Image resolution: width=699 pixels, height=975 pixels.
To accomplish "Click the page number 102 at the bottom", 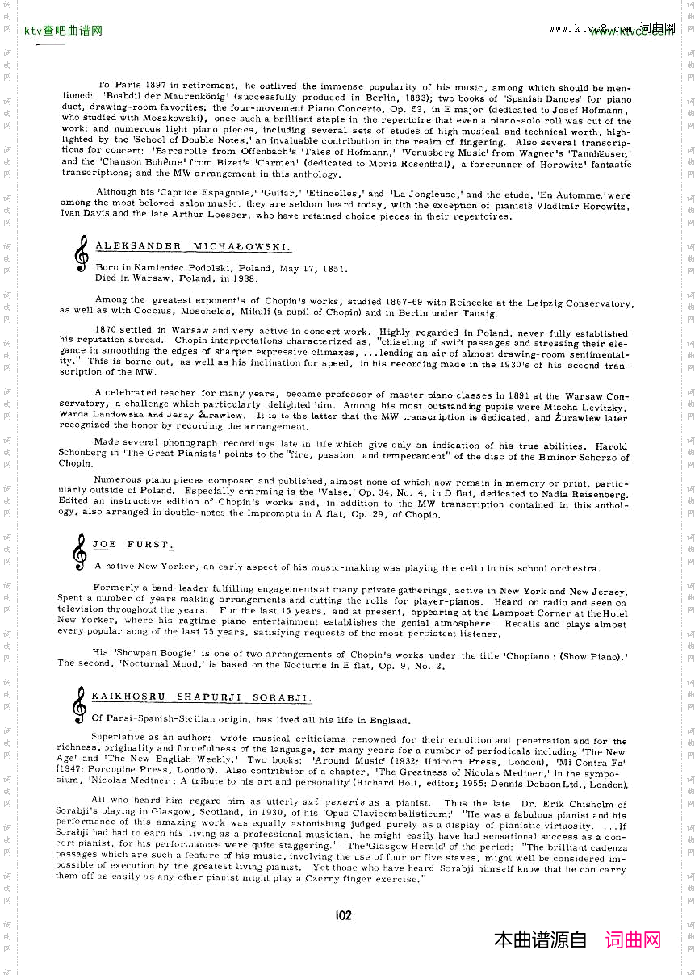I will coord(343,914).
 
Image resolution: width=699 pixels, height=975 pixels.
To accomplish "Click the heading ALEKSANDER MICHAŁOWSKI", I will coord(193,246).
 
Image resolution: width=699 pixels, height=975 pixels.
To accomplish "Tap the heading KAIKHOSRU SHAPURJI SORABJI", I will coord(201,697).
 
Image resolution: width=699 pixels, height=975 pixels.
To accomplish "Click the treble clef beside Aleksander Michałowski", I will coord(81,253).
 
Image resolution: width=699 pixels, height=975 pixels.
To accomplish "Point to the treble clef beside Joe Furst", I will coord(80,553).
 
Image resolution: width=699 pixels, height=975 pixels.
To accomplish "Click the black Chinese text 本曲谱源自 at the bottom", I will coord(541,940).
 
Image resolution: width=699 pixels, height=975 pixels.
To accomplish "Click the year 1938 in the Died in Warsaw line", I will coord(244,278).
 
